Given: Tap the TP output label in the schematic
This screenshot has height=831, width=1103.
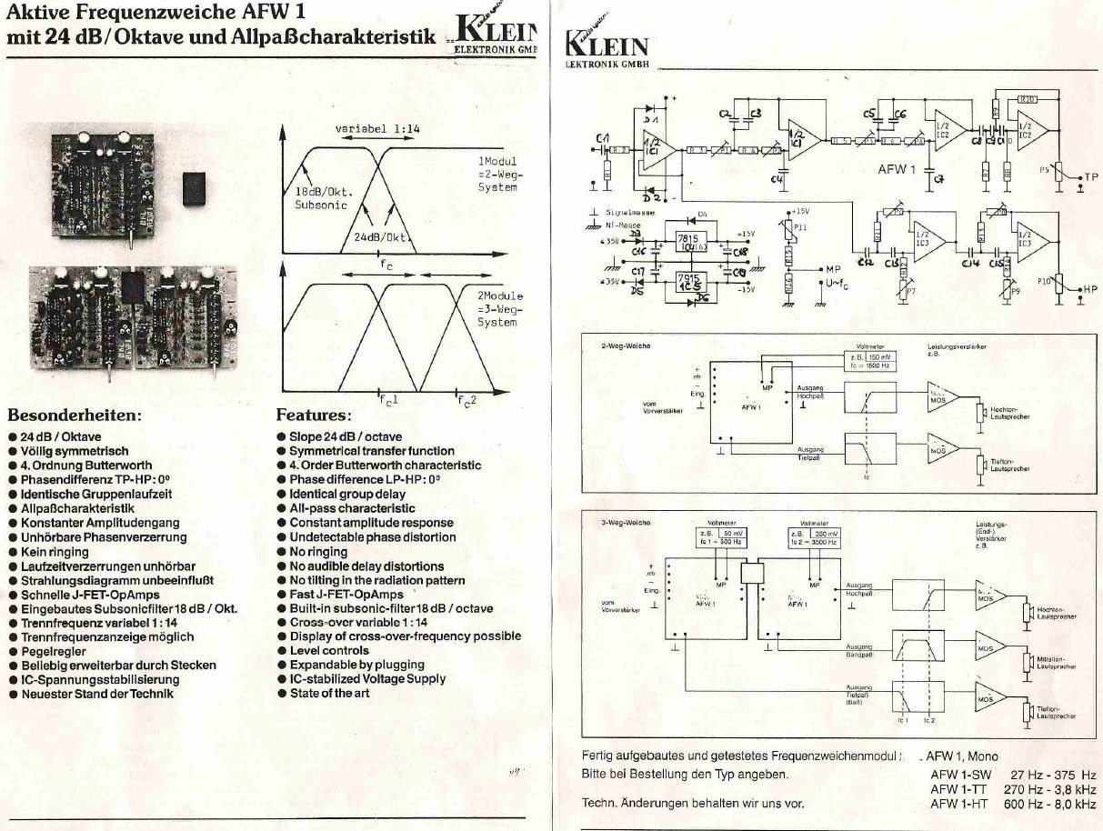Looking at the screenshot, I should pyautogui.click(x=1090, y=178).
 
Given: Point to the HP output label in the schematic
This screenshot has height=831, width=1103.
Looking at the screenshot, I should pyautogui.click(x=1090, y=289).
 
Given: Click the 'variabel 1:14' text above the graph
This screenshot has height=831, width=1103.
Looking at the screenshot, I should pyautogui.click(x=377, y=129).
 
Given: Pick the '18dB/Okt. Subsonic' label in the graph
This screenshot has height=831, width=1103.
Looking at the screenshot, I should pyautogui.click(x=324, y=198).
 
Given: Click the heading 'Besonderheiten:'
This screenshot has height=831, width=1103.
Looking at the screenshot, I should pyautogui.click(x=75, y=415).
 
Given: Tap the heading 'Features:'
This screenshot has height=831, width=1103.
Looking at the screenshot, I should pyautogui.click(x=314, y=415).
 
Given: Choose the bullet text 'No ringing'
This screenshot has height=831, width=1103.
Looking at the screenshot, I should pyautogui.click(x=317, y=552).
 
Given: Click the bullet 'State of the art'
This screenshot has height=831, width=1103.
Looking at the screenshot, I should pyautogui.click(x=329, y=694).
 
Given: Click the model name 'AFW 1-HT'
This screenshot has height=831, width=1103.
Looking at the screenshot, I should pyautogui.click(x=960, y=804).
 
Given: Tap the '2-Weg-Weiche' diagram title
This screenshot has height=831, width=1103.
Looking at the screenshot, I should pyautogui.click(x=626, y=346).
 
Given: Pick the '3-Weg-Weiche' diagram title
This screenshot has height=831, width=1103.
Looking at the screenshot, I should pyautogui.click(x=626, y=523).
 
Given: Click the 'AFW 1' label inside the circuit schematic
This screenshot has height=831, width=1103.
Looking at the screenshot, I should pyautogui.click(x=897, y=170).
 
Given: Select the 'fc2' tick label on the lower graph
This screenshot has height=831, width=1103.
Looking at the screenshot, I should pyautogui.click(x=466, y=400).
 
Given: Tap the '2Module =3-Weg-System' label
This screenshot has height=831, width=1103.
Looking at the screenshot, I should pyautogui.click(x=499, y=309).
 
